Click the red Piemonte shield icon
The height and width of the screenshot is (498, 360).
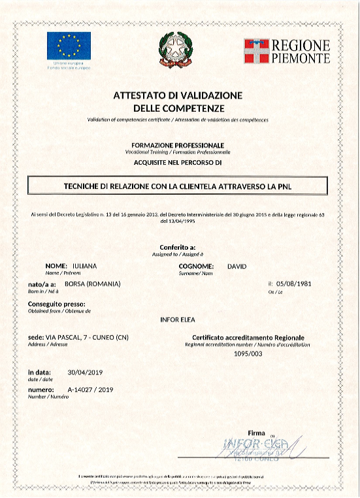(257, 50)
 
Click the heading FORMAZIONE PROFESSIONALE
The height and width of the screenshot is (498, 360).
(178, 144)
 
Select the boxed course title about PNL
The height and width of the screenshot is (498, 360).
(178, 186)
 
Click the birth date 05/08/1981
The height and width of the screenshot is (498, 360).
(296, 284)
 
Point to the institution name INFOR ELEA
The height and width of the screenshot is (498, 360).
(178, 320)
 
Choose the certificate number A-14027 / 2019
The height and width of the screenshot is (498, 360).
(91, 390)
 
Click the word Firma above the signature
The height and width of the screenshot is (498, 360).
(257, 433)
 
